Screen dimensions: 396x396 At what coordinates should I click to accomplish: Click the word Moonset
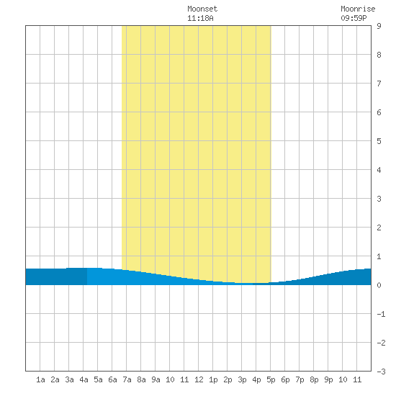coord(202,9)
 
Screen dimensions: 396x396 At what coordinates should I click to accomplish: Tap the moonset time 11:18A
coord(200,18)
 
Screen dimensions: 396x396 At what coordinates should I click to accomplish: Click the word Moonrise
coord(358,9)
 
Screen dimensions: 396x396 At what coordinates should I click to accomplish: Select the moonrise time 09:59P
coord(354,18)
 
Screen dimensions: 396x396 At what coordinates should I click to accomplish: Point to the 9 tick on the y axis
coord(379,26)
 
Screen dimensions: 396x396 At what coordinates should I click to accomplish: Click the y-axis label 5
coord(379,141)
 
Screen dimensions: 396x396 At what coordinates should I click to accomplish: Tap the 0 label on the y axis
coord(379,285)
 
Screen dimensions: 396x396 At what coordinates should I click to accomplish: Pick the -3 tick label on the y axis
coord(381,372)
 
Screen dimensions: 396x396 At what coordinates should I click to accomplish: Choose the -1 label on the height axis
coord(381,314)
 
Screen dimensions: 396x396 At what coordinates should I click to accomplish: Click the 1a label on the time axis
coord(40,379)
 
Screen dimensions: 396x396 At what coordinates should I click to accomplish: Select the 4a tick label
coord(84,379)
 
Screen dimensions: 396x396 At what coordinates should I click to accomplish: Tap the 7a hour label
coord(127,379)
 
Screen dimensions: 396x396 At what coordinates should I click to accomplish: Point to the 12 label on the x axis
coord(199,379)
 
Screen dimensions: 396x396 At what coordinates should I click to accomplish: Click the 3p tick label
coord(242,379)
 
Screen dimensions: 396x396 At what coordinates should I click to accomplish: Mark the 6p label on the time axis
coord(285,379)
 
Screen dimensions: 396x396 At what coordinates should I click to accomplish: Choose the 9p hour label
coord(328,379)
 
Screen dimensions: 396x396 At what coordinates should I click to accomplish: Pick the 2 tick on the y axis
coord(379,228)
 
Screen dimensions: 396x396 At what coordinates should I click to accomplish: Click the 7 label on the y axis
coord(379,84)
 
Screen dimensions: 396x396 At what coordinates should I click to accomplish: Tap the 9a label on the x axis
coord(156,379)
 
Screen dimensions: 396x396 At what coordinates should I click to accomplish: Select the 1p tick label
coord(213,379)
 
